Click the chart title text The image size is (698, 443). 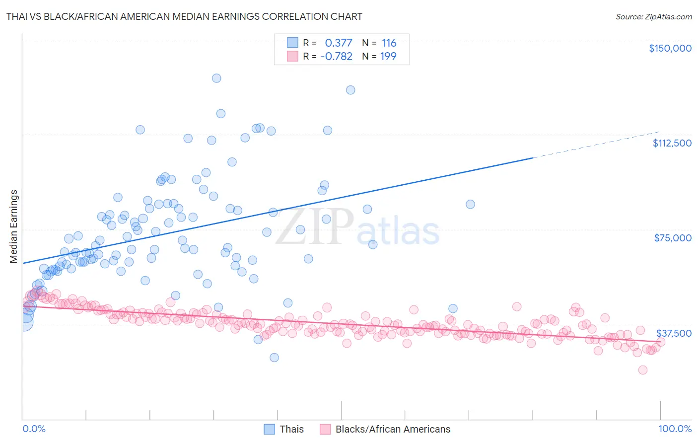coord(184,16)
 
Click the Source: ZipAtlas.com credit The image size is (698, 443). coord(653,16)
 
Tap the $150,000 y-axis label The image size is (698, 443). coord(670,48)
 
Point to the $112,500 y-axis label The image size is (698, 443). coord(671,143)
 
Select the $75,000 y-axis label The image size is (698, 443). coord(672,238)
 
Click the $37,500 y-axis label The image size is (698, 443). coord(673,333)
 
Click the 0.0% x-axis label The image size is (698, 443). coord(34,429)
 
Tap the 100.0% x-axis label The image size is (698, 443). coord(675,429)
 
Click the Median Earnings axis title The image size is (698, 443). coord(13,226)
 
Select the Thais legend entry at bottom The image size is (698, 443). coord(291,429)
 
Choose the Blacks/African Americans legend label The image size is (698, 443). coord(392,429)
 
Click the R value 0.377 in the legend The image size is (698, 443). coord(339,43)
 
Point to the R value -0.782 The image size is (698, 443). coord(336,56)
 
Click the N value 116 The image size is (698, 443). coord(389,43)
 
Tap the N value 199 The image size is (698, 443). coord(388,56)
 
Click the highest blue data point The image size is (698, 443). coord(216,78)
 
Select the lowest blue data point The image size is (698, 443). coord(274,358)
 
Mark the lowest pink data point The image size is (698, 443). coord(643,370)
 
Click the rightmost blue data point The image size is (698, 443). coord(470,204)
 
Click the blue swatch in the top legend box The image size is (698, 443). coord(293,43)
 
